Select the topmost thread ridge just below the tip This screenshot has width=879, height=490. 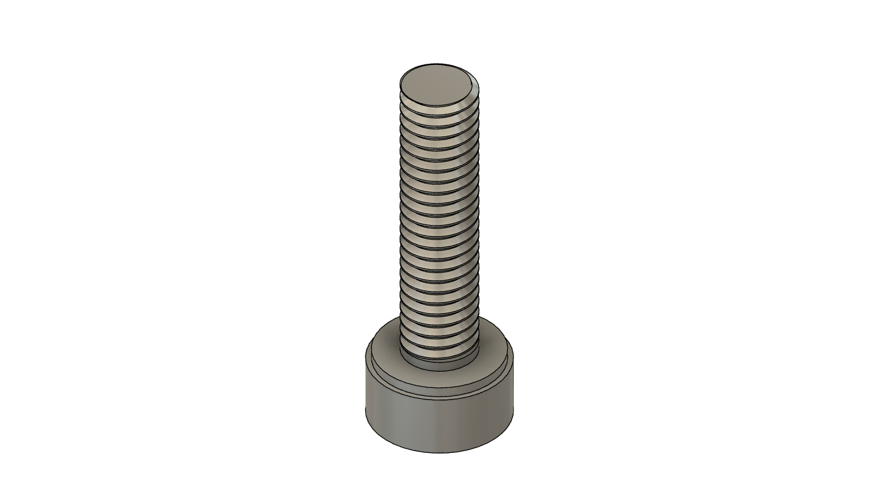pyautogui.click(x=440, y=112)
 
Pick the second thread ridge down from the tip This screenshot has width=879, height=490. pyautogui.click(x=440, y=122)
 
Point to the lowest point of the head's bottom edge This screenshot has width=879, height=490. pyautogui.click(x=439, y=452)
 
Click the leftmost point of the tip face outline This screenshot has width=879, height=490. pyautogui.click(x=400, y=87)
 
